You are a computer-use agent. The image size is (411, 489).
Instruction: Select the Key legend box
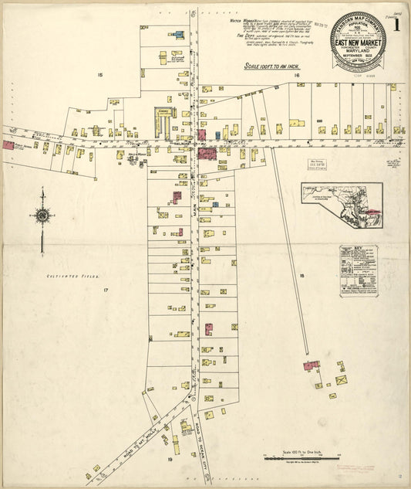pos(359,271)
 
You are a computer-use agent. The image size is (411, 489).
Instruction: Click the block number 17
pos(106,290)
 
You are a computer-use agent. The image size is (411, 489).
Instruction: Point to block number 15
pos(99,74)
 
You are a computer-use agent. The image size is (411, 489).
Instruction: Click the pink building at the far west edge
pos(8,144)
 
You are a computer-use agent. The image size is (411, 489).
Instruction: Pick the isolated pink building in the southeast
pos(311,365)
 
